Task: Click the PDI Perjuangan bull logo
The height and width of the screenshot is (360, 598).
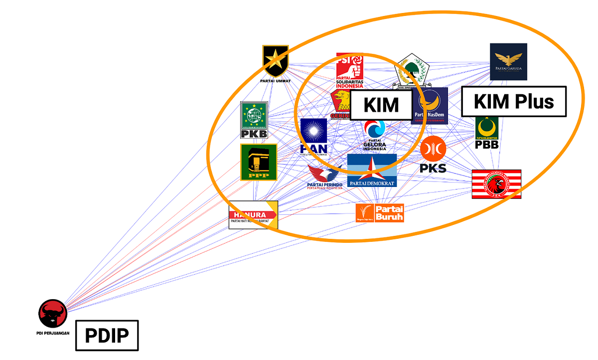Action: (x=53, y=314)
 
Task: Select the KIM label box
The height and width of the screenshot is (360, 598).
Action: (x=381, y=105)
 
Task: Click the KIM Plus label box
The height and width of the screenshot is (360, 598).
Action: (x=513, y=102)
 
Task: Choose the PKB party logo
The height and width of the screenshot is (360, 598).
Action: (x=254, y=120)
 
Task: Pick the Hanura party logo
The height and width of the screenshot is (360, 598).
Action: (x=253, y=215)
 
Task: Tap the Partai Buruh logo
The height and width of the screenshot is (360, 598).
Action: (x=380, y=213)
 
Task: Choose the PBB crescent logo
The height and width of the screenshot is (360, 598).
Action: (x=487, y=133)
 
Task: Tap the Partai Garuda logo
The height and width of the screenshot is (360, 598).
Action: (x=508, y=61)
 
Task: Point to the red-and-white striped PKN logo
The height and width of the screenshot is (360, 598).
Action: (x=496, y=184)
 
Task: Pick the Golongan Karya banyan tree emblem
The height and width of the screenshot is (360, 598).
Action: (x=412, y=68)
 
